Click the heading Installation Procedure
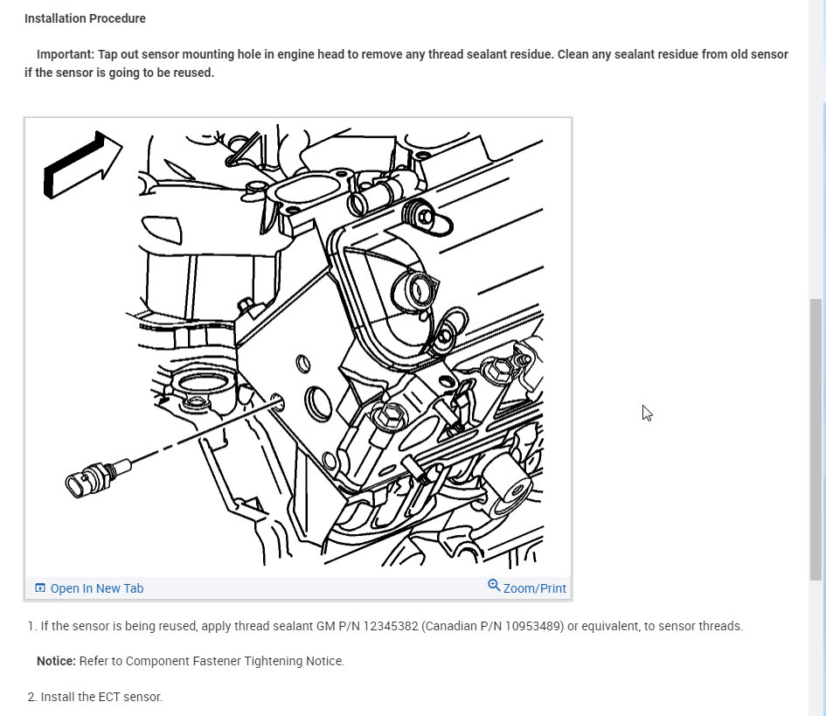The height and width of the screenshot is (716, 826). (85, 18)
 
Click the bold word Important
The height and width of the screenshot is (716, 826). (66, 54)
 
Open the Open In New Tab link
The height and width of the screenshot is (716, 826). (97, 588)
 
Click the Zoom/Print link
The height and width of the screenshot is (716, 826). (535, 588)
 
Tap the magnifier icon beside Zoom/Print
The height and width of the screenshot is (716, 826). (494, 586)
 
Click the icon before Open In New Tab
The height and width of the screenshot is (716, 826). (40, 588)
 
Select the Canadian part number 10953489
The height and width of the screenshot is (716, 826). (532, 627)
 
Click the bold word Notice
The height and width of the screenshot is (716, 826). (56, 661)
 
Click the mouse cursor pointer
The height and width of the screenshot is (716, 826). (647, 414)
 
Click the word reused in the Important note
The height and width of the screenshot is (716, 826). (193, 73)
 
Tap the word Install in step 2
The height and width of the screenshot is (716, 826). (58, 697)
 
